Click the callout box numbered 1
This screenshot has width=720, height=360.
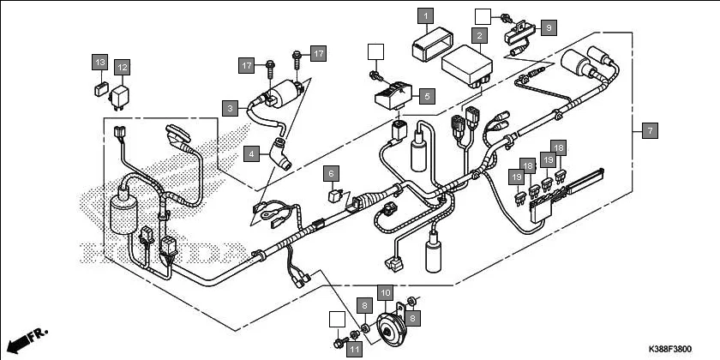pyautogui.click(x=426, y=15)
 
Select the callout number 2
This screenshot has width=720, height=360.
pyautogui.click(x=480, y=36)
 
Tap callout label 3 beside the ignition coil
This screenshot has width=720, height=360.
pyautogui.click(x=230, y=108)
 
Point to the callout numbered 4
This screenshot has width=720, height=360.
pyautogui.click(x=251, y=154)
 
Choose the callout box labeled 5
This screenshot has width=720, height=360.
pyautogui.click(x=427, y=96)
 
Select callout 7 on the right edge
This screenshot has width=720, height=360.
pyautogui.click(x=650, y=131)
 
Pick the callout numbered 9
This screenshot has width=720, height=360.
pyautogui.click(x=549, y=27)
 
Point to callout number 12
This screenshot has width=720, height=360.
pyautogui.click(x=122, y=66)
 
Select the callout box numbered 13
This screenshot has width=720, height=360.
pyautogui.click(x=99, y=62)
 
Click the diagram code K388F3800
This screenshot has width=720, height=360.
pyautogui.click(x=669, y=350)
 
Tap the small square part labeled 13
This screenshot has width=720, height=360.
pyautogui.click(x=99, y=87)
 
